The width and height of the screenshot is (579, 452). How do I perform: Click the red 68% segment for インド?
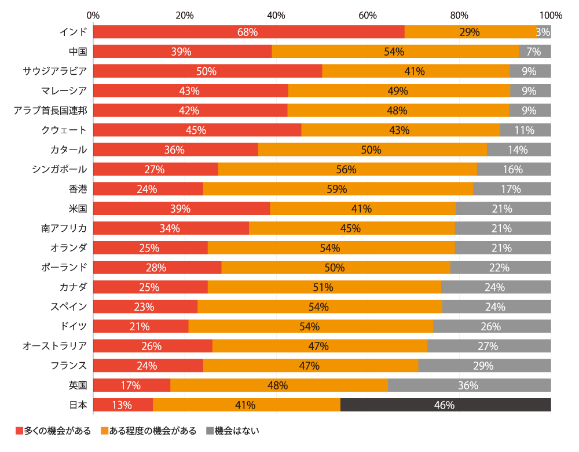tap(248, 32)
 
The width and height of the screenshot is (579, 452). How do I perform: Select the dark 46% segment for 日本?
tap(445, 405)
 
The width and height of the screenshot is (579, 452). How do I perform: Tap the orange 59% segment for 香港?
tap(338, 189)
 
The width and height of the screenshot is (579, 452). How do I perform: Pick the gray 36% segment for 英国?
tap(469, 385)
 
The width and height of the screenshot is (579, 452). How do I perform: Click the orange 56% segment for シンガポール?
tap(347, 169)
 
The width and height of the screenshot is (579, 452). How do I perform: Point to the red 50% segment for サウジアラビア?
tap(207, 71)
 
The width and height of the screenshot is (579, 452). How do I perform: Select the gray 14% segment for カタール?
tap(519, 150)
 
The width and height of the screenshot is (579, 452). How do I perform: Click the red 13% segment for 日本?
tap(122, 405)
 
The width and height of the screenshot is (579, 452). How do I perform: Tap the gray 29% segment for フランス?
tap(484, 366)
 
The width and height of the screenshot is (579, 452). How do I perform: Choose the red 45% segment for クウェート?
tap(197, 130)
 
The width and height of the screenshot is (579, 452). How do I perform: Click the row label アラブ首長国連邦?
tap(50, 110)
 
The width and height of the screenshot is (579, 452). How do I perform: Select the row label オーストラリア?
tap(55, 346)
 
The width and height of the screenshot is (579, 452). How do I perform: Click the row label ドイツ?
tap(74, 326)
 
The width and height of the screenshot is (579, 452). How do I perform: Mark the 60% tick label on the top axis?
tap(368, 14)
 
